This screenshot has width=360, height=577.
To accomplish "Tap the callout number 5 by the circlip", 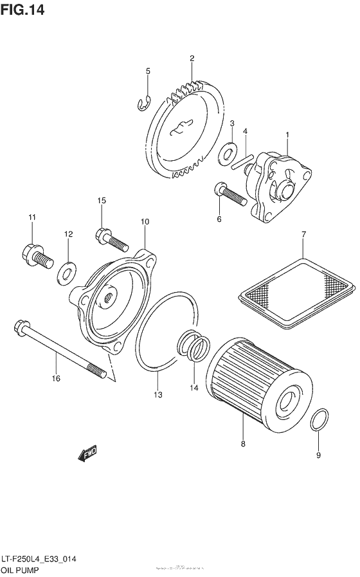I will (x=147, y=71).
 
